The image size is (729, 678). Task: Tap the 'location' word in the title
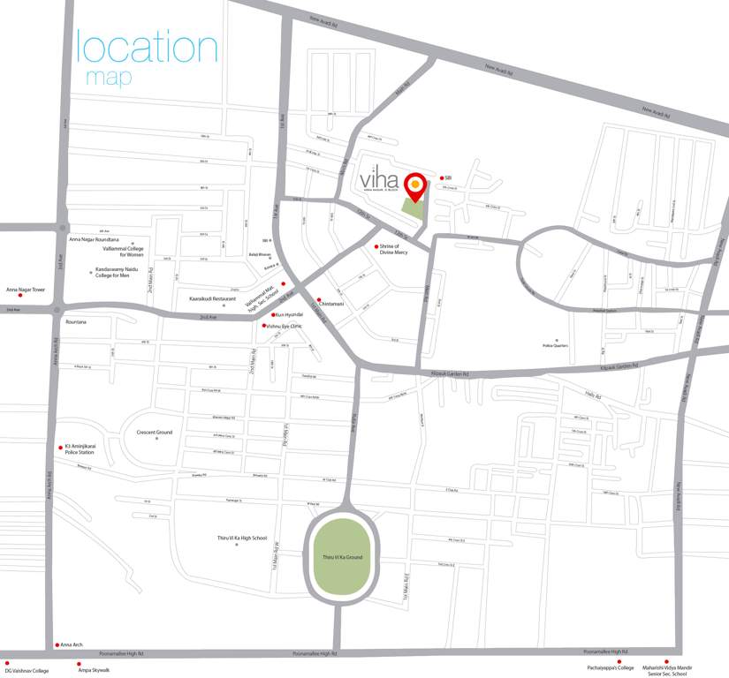point(147,48)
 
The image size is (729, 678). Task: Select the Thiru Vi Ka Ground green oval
point(343,557)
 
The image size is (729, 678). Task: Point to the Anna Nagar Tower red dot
point(20,295)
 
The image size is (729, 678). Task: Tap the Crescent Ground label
point(154,433)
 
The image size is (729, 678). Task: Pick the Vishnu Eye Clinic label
point(285,327)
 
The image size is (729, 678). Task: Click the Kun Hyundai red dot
point(273,314)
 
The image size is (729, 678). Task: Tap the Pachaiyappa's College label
point(611,668)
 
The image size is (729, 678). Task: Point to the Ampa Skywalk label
point(94,670)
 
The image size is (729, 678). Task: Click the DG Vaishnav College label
point(27,671)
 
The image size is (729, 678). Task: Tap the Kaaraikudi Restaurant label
point(213,299)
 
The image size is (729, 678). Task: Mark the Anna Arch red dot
point(57,644)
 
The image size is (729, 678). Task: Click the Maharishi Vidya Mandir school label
point(667,671)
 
